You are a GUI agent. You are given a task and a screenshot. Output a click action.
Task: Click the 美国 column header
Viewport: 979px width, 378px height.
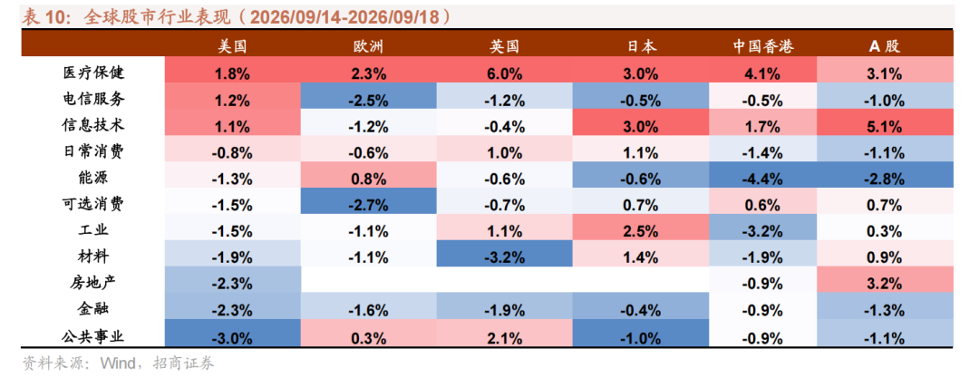click(x=232, y=45)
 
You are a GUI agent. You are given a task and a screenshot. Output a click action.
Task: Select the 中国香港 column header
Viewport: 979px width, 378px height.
click(x=762, y=45)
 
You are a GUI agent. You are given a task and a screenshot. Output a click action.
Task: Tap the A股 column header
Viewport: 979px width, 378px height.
click(x=885, y=45)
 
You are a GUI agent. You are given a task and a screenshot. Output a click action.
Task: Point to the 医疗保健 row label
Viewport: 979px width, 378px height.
click(x=93, y=73)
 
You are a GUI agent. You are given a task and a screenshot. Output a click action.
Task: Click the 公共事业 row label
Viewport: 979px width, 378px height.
click(x=93, y=337)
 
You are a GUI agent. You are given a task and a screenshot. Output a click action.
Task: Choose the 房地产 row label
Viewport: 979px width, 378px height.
click(x=93, y=284)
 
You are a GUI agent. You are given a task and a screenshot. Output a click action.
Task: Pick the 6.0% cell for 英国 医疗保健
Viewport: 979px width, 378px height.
click(x=505, y=73)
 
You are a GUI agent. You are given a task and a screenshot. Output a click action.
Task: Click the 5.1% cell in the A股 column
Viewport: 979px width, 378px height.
click(x=885, y=127)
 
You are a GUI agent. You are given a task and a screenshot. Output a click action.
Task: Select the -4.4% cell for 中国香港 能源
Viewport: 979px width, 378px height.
click(x=762, y=179)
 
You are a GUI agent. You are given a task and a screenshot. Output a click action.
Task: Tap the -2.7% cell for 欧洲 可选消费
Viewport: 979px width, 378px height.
click(x=368, y=206)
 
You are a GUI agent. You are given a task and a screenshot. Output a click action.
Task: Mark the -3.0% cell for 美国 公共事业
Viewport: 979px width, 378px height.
click(x=232, y=338)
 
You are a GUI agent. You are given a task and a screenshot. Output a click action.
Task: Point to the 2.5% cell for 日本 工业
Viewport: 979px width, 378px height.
click(x=641, y=232)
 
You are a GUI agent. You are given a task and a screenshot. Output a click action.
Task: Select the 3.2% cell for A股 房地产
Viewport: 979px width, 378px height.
click(x=885, y=285)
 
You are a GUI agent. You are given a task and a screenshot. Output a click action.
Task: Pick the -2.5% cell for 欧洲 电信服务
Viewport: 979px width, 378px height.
click(x=368, y=100)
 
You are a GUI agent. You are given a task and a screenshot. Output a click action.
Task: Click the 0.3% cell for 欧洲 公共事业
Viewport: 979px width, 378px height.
click(x=368, y=338)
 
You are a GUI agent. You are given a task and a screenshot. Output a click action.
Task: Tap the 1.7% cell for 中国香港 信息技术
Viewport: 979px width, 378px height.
click(x=762, y=127)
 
